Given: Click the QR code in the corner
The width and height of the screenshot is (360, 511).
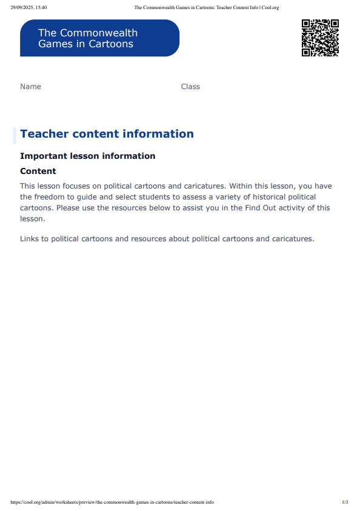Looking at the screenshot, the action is pyautogui.click(x=319, y=38).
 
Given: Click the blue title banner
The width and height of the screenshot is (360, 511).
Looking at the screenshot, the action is pyautogui.click(x=99, y=38).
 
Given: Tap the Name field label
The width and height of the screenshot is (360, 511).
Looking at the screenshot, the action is pyautogui.click(x=30, y=87).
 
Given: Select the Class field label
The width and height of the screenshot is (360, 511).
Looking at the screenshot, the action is pyautogui.click(x=190, y=87).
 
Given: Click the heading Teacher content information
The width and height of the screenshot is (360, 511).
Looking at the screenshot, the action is pyautogui.click(x=107, y=134).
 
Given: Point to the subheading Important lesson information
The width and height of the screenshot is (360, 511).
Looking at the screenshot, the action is pyautogui.click(x=87, y=156).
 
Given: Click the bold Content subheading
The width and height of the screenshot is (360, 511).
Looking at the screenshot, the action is pyautogui.click(x=38, y=172).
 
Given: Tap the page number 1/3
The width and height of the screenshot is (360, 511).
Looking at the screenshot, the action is pyautogui.click(x=345, y=503).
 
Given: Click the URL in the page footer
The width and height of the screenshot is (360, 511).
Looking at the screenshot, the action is pyautogui.click(x=112, y=503).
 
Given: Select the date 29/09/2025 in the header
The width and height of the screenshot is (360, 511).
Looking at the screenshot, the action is pyautogui.click(x=22, y=7).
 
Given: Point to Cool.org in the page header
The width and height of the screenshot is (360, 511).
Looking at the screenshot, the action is pyautogui.click(x=270, y=7).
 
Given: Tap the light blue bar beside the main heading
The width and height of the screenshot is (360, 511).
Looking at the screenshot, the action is pyautogui.click(x=15, y=135).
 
